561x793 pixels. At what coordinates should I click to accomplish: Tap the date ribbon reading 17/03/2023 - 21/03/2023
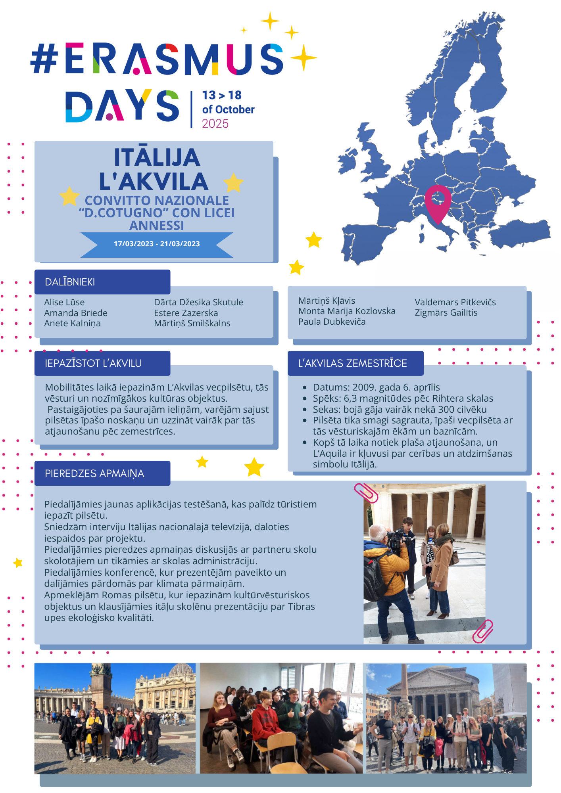pos(157,244)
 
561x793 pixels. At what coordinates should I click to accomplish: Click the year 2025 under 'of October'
pos(215,124)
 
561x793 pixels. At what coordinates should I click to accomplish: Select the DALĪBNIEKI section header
pos(70,282)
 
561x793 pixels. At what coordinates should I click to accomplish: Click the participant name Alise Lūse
pos(64,302)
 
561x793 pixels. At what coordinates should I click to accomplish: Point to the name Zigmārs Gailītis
pos(446,313)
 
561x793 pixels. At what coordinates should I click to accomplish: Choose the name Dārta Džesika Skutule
pos(198,302)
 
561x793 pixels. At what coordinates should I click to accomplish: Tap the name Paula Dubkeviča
pos(332,322)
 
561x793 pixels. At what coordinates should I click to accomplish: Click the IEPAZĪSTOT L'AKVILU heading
pos(93,363)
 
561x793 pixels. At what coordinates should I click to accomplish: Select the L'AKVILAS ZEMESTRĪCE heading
pos(352,363)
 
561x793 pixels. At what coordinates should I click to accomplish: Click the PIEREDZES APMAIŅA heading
pos(94,473)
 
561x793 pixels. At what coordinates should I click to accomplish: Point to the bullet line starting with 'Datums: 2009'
pos(376,387)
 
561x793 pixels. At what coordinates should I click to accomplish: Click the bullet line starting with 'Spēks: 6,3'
pos(403,398)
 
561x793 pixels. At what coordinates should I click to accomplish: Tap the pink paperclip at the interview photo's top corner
pos(366,493)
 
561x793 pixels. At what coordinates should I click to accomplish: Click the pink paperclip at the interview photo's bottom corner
pos(482,630)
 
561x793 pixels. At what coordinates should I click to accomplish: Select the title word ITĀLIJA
pos(157,157)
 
